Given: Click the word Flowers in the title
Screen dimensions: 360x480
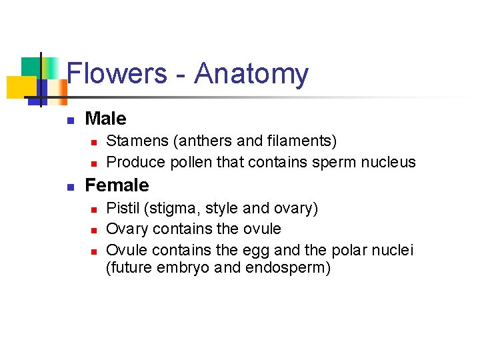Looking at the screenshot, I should [117, 73].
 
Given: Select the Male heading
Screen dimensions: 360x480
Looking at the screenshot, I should [105, 119].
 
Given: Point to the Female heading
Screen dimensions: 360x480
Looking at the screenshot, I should [117, 185].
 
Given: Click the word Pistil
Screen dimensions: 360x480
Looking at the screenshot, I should [123, 208].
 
